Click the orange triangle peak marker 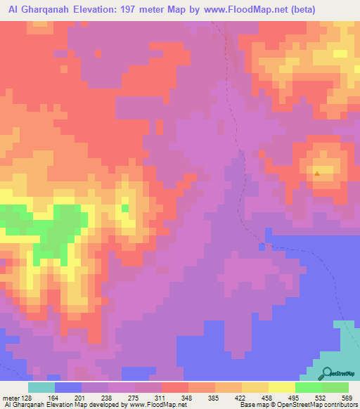click(318, 173)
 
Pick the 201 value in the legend click(82, 397)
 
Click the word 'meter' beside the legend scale click(10, 397)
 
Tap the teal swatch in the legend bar click(41, 387)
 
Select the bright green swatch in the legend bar click(309, 387)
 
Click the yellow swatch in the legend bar click(282, 387)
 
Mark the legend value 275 click(134, 397)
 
